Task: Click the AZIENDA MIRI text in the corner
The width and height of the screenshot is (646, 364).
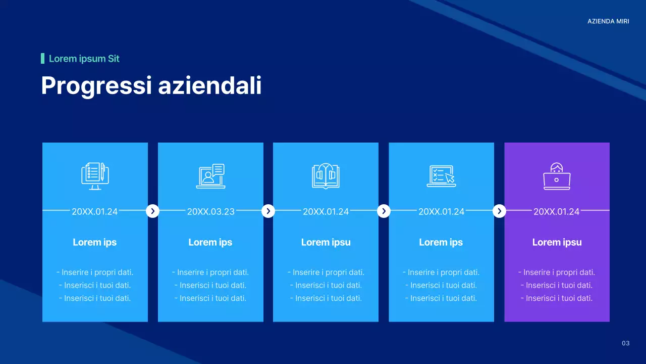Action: click(608, 21)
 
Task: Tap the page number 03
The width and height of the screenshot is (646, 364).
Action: click(625, 344)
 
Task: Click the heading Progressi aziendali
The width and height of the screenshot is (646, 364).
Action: click(151, 85)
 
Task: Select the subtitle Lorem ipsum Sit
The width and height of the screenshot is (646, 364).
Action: click(84, 59)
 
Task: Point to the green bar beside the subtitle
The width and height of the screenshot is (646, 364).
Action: click(42, 59)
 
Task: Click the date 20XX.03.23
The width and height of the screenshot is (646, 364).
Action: click(210, 212)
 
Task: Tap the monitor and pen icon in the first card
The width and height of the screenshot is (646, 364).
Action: click(95, 175)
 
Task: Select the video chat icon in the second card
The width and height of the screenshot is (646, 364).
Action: click(210, 176)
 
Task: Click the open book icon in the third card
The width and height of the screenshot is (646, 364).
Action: click(326, 176)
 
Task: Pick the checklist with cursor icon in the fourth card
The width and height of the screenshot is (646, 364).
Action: click(441, 176)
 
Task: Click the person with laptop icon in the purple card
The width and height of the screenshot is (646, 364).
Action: click(557, 176)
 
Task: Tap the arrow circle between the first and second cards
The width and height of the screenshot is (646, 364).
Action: click(152, 211)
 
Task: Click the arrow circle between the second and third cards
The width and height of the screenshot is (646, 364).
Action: click(268, 211)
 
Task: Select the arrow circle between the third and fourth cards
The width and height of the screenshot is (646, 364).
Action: click(384, 211)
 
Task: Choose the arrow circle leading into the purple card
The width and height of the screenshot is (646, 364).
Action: click(499, 211)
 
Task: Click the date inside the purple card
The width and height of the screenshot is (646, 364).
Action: click(556, 212)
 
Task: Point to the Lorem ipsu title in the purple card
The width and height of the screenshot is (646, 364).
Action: click(557, 242)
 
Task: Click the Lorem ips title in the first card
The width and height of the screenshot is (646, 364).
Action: click(94, 242)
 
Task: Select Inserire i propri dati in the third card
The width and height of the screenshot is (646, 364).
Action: click(326, 272)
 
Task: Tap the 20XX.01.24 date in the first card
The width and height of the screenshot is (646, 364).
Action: click(94, 212)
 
